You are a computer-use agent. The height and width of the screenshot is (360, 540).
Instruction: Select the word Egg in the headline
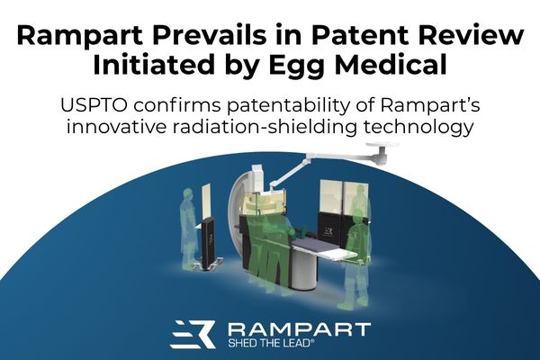(297, 67)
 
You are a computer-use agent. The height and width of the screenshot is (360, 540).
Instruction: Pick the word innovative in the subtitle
(116, 127)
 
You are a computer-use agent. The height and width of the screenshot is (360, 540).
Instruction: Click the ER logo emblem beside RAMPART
(193, 334)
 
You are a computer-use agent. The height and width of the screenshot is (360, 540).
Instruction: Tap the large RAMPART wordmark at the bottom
(300, 329)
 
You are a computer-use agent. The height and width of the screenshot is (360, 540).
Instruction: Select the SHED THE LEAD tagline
(272, 343)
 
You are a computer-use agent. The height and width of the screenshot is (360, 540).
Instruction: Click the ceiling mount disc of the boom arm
(382, 144)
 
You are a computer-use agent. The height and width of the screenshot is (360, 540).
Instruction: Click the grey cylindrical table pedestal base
(304, 269)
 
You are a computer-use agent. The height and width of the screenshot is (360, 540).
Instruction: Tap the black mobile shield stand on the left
(209, 246)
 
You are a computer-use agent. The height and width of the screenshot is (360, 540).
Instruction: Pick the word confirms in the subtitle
(177, 105)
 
